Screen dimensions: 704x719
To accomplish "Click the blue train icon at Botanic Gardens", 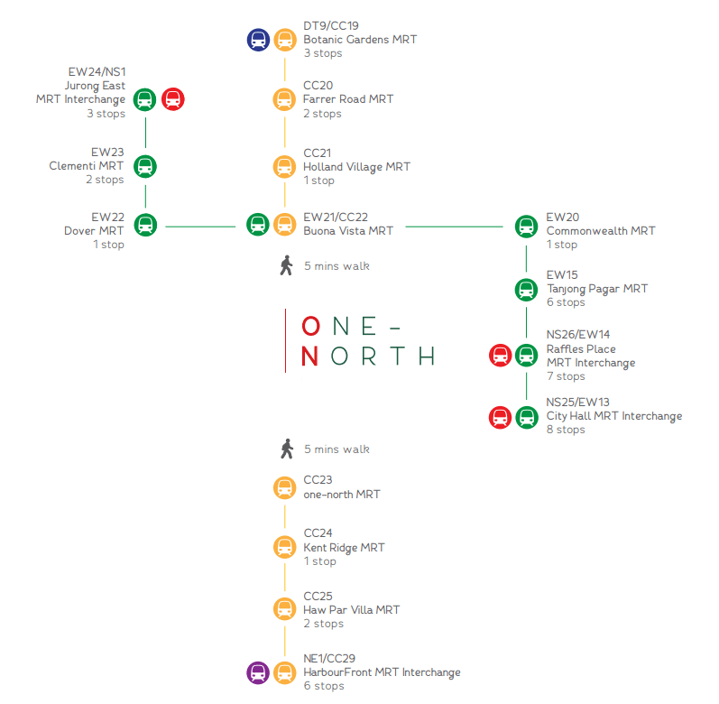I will click(258, 40).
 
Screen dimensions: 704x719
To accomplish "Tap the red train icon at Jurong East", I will click(172, 99).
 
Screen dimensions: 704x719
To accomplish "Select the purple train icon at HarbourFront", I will click(258, 672).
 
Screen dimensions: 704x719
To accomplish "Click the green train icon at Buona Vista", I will click(258, 224).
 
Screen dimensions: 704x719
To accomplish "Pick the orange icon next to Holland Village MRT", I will click(285, 166).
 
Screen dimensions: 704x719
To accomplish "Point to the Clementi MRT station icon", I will click(144, 166).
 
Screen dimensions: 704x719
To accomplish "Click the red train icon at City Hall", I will click(500, 417).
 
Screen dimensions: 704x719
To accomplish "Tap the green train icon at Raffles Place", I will click(526, 355).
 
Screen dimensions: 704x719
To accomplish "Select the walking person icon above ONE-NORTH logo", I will click(287, 265).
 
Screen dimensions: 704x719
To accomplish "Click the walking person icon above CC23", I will click(287, 449).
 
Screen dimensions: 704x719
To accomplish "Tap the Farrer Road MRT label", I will click(348, 99).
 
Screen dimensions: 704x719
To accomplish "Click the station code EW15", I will click(562, 274).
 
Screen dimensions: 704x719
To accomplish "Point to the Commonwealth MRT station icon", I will click(526, 226).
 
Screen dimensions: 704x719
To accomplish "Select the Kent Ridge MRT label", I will click(344, 548).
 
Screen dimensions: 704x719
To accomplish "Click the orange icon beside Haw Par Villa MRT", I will click(285, 608).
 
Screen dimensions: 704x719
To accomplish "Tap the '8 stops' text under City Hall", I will click(566, 430).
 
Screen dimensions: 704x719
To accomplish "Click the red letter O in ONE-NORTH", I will click(310, 326).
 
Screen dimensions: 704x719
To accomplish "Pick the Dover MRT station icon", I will click(144, 225).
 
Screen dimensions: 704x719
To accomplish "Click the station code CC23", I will click(318, 480).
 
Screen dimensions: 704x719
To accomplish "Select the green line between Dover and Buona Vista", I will click(200, 226).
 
